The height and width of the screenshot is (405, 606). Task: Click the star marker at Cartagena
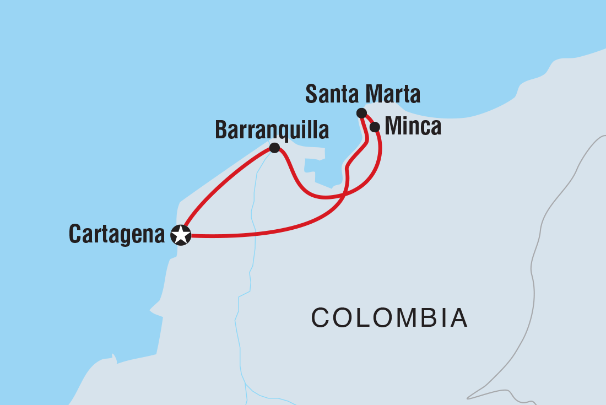tap(181, 235)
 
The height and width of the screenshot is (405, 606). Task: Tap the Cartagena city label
tap(116, 235)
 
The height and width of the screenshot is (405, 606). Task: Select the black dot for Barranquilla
tap(274, 148)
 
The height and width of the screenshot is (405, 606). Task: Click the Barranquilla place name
tap(272, 131)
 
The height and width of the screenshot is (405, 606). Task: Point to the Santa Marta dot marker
tap(361, 113)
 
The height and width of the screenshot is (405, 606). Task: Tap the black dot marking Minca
tap(375, 127)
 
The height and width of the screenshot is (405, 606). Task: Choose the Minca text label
tap(413, 127)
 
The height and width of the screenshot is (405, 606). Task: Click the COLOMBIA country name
tap(389, 318)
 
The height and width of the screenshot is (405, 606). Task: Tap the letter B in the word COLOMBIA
tap(423, 318)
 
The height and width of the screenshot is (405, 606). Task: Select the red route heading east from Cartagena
tap(259, 233)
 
